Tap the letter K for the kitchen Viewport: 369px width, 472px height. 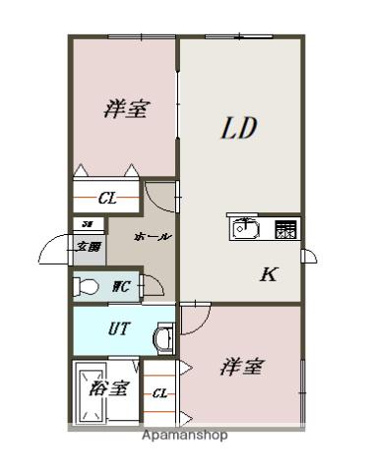click(x=267, y=274)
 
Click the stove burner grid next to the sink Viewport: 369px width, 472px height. click(x=285, y=229)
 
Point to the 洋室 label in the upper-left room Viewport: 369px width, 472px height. click(x=126, y=109)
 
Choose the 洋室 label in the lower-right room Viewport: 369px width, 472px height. click(x=240, y=367)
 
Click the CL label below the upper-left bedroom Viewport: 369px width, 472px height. click(x=106, y=199)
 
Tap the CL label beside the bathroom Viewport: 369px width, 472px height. click(x=158, y=394)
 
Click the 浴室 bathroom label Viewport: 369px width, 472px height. click(x=107, y=388)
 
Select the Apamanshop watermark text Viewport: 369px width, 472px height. click(x=184, y=435)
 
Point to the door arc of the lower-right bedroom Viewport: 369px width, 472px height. click(x=195, y=317)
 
